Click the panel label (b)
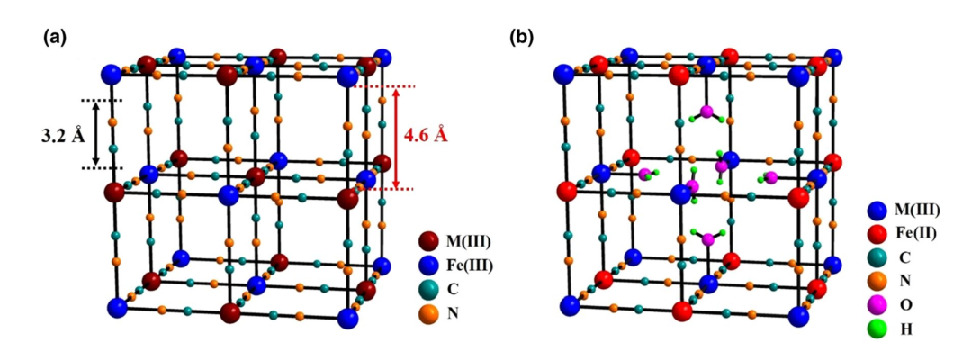(x=522, y=38)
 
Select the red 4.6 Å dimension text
(x=426, y=136)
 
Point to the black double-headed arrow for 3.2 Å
(x=121, y=134)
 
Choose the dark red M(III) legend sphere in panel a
(x=428, y=241)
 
